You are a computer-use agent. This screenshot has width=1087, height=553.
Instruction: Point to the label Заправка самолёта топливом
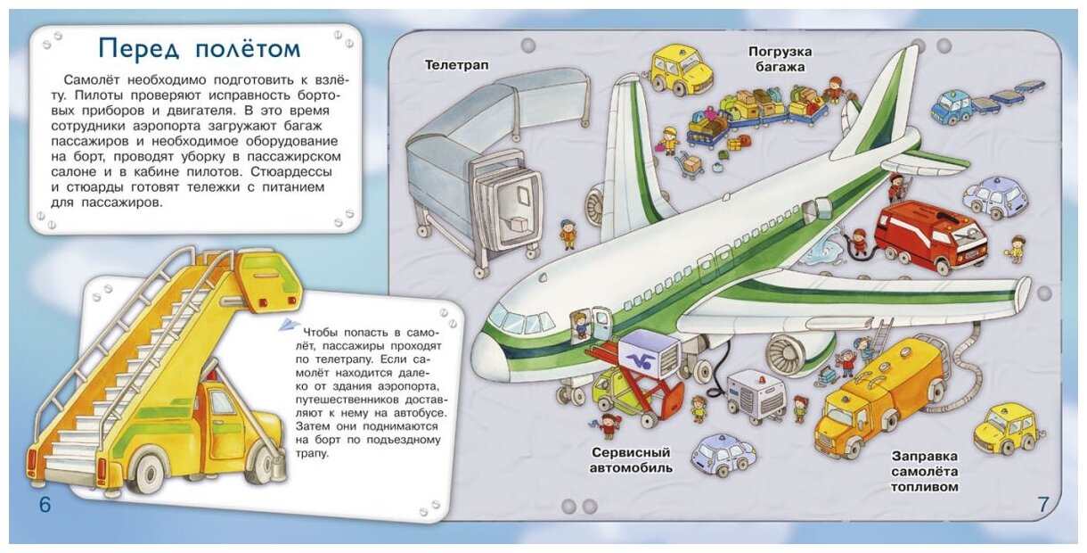[x=925, y=471]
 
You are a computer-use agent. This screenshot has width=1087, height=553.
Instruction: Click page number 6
[x=45, y=505]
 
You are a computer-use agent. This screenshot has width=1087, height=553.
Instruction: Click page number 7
[x=1043, y=504]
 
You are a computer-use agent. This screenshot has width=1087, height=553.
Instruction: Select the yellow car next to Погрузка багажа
[x=681, y=69]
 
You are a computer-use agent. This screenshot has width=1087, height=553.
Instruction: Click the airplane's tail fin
[x=878, y=103]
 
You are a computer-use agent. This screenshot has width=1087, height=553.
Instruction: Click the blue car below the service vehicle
[x=723, y=455]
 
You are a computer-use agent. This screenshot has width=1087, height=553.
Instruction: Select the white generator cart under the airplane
[x=756, y=395]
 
